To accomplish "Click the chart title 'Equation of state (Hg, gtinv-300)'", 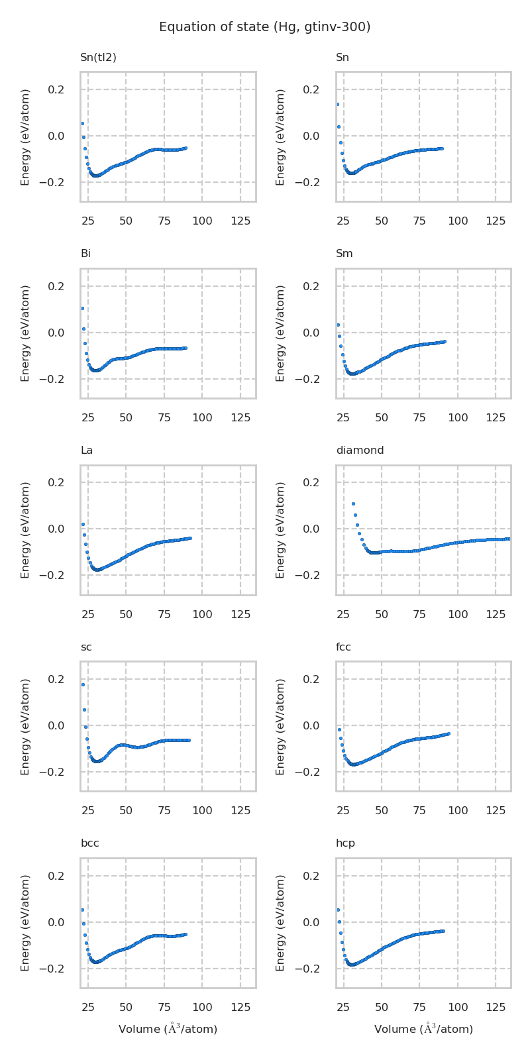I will point(264,27).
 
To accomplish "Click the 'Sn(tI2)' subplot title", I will point(98,58).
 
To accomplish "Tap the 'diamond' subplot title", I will point(360,450).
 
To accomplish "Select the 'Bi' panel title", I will point(85,254).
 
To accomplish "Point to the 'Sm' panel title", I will point(344,254).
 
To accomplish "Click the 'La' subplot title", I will point(87,450).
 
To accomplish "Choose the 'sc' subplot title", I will point(86,647).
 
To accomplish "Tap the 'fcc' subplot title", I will point(343,647).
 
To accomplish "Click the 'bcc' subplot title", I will point(89,843).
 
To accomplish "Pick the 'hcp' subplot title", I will point(345,843).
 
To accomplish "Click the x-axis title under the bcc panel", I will point(168,1029).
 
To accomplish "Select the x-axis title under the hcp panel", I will point(423,1029).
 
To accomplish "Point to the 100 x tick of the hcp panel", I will point(458,1008).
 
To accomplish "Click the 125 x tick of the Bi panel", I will point(240,418).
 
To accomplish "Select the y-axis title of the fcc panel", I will point(281,726).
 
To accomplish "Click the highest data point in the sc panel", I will point(83,684).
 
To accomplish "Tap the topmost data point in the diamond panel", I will point(353,503).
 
